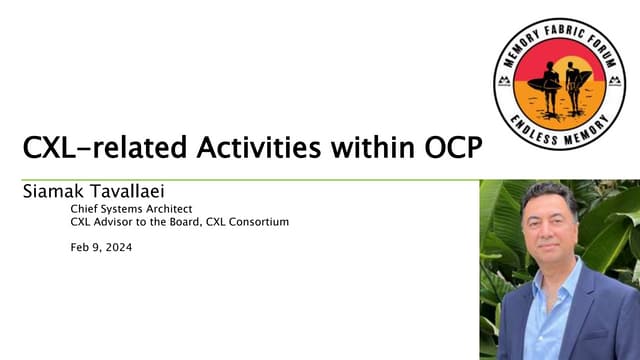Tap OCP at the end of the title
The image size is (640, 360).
click(447, 150)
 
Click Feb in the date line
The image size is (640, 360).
click(79, 246)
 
